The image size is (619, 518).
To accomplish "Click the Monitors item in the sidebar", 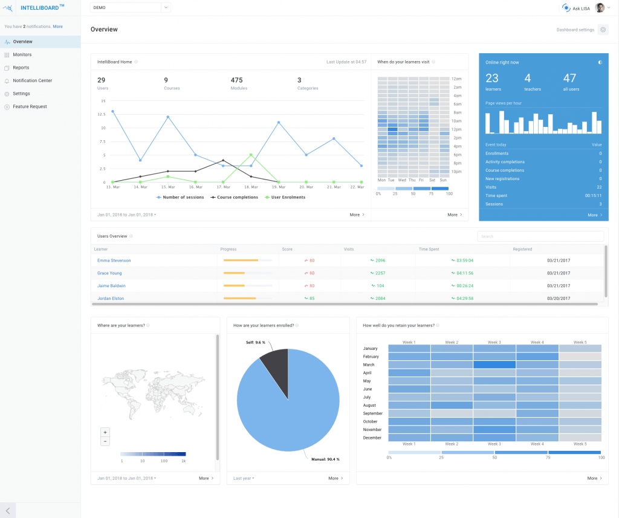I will (22, 55).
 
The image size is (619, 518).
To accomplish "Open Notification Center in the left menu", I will (32, 80).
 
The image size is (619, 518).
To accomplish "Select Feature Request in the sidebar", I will (30, 106).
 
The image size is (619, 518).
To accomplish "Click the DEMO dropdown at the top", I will (130, 7).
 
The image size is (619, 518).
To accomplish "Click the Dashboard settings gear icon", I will (603, 30).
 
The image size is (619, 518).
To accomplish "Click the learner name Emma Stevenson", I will (114, 261).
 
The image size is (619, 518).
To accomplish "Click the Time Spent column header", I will (430, 249).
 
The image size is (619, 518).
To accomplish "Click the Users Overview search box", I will (540, 236).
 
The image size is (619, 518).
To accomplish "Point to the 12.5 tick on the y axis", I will (102, 114).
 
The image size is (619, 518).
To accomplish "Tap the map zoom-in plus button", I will (105, 432).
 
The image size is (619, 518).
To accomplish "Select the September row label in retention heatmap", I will (372, 413).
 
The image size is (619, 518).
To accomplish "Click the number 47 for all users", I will (569, 78).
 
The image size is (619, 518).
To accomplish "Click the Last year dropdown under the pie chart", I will (244, 478).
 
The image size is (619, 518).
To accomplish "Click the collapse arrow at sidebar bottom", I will (8, 510).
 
